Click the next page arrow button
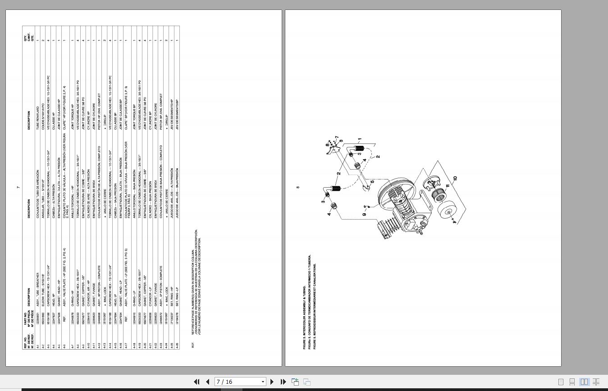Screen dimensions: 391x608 click(272, 382)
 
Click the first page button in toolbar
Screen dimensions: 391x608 click(197, 382)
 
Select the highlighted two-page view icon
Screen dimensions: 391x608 click(584, 382)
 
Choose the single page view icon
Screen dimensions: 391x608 click(561, 382)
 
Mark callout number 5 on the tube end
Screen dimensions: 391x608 click(372, 182)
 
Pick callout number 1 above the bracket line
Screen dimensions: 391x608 click(359, 139)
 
